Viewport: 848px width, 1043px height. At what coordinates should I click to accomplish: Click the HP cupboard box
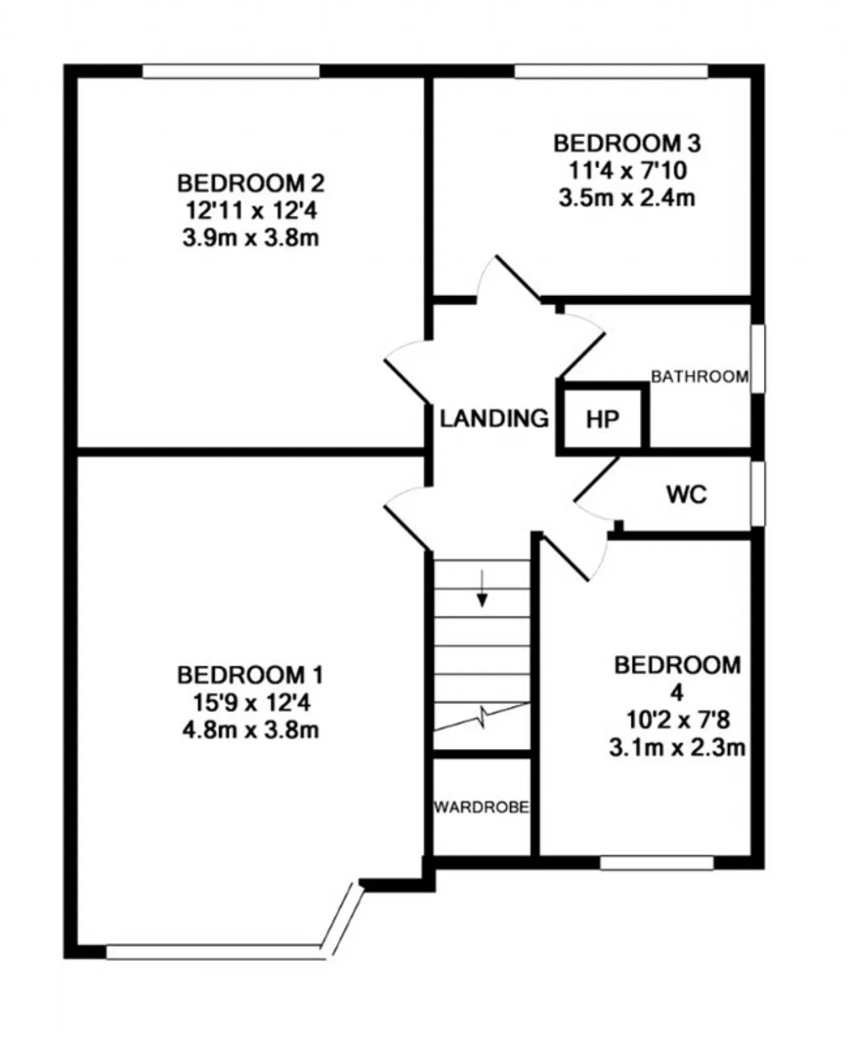click(602, 419)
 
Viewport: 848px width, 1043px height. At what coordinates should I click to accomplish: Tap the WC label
click(686, 494)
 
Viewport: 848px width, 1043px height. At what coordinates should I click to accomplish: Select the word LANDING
click(494, 419)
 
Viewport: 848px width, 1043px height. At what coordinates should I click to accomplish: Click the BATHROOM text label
click(700, 377)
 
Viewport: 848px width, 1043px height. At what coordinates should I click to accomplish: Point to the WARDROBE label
click(482, 807)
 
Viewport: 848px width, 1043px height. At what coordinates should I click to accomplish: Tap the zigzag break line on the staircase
click(482, 717)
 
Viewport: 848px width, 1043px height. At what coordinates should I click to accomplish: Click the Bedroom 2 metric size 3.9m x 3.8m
click(250, 238)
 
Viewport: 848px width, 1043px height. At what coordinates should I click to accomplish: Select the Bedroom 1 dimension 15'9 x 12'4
click(250, 703)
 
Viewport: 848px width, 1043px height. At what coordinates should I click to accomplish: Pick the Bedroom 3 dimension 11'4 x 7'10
click(627, 171)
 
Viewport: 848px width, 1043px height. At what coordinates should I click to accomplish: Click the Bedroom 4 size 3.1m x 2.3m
click(677, 748)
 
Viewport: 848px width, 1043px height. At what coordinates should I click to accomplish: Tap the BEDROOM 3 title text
click(627, 143)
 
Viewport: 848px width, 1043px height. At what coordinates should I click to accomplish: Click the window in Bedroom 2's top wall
click(231, 71)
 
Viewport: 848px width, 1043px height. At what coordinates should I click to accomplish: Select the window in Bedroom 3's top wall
click(611, 71)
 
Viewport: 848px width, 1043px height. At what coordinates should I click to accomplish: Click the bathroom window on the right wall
click(759, 358)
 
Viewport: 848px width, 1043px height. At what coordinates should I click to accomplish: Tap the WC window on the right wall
click(759, 494)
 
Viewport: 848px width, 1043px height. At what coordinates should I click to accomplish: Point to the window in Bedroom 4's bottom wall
click(657, 863)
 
